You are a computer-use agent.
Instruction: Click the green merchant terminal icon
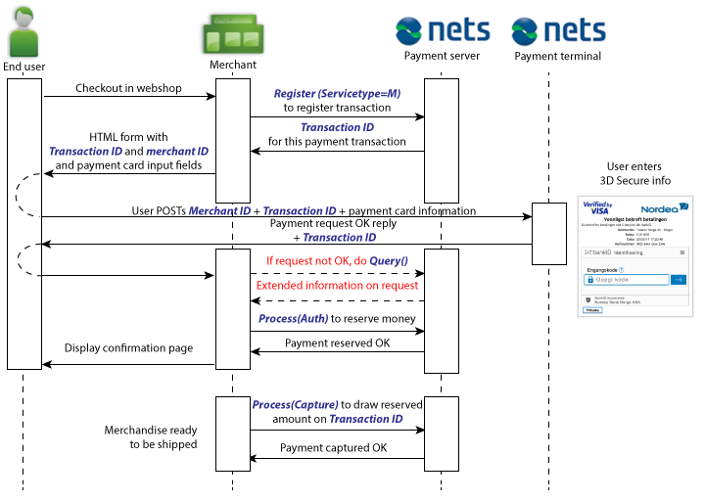point(232,33)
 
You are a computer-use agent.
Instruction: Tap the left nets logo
point(442,31)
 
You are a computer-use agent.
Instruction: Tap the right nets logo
point(557,31)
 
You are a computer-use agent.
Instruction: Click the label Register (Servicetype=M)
point(337,94)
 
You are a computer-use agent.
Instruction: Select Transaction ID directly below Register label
point(337,127)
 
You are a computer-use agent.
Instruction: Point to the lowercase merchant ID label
point(177,152)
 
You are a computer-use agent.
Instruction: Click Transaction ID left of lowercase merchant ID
point(85,152)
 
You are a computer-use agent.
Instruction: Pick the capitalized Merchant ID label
point(219,211)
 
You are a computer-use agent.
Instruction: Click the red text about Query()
point(337,260)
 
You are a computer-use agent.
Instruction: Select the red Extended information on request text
point(337,286)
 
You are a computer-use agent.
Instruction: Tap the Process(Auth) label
point(293,319)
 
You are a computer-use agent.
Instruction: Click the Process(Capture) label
point(295,404)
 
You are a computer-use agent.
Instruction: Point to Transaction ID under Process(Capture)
point(365,419)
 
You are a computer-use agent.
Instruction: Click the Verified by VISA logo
point(596,207)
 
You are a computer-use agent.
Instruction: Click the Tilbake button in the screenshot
point(591,309)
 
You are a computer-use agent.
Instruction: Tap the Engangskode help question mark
point(622,269)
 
